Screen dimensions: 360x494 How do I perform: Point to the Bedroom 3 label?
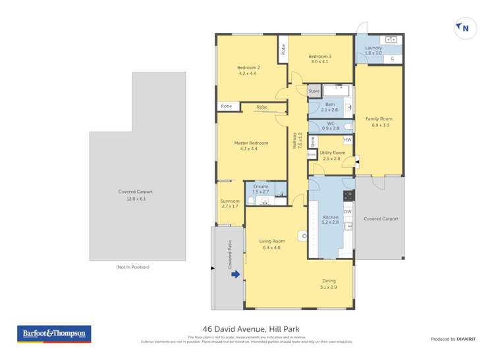click(x=319, y=57)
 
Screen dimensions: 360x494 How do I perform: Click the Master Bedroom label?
click(x=251, y=143)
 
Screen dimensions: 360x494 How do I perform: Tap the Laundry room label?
click(x=373, y=48)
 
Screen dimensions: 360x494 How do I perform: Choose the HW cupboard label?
click(x=346, y=140)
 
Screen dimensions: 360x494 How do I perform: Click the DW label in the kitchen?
click(x=347, y=211)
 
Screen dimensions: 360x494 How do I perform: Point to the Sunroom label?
click(x=230, y=201)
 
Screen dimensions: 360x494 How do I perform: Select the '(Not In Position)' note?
click(x=132, y=267)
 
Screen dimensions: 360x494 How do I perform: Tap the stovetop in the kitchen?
click(x=348, y=195)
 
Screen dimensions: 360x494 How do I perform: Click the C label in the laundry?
click(x=392, y=59)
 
